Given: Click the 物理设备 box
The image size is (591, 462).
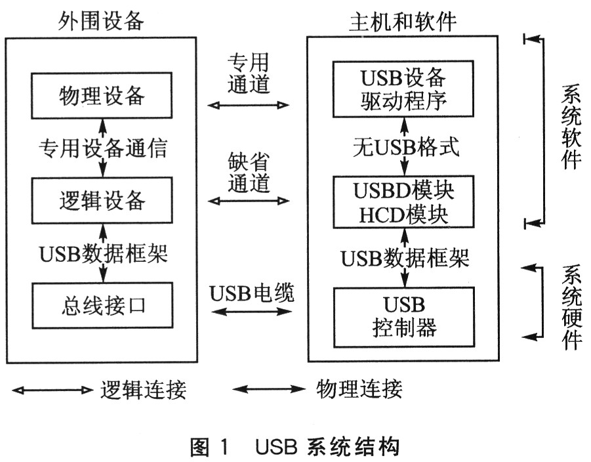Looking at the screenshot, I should tap(101, 96).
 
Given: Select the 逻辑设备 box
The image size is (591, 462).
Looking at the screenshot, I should tap(101, 199).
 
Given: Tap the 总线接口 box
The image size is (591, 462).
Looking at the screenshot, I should tap(101, 305).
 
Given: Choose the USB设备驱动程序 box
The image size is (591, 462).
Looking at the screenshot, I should tap(403, 89).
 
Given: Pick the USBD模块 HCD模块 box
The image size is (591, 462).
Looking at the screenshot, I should tap(403, 201).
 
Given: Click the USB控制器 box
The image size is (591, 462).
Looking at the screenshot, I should tap(403, 316).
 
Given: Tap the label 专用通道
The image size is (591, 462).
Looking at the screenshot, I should tap(248, 74).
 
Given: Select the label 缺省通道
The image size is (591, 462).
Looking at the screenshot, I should tap(248, 173).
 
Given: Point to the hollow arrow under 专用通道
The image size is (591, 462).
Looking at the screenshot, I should tap(249, 104).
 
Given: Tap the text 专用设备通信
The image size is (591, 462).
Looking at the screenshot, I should tap(102, 148).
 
